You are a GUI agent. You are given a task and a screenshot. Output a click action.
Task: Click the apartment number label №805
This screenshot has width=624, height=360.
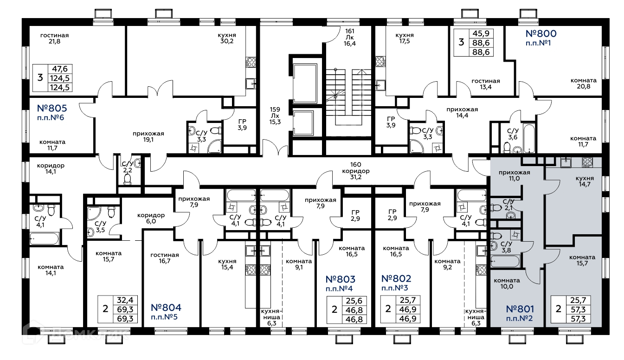[52, 109]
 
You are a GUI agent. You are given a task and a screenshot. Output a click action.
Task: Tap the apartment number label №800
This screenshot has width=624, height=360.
[540, 33]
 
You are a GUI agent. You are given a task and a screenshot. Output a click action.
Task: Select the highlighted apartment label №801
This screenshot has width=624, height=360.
[521, 309]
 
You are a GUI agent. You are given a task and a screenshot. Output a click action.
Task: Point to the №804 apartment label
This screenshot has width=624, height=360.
[166, 308]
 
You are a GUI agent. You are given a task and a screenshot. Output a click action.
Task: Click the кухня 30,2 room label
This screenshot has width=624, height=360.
[226, 38]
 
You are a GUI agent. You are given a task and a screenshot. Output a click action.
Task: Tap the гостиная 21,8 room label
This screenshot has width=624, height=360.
[54, 38]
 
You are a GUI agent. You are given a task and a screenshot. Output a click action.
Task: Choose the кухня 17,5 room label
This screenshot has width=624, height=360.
[404, 38]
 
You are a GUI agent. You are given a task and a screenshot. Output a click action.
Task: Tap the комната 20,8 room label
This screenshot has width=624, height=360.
[583, 84]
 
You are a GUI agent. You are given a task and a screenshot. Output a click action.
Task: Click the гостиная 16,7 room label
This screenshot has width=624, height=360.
[164, 258]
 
